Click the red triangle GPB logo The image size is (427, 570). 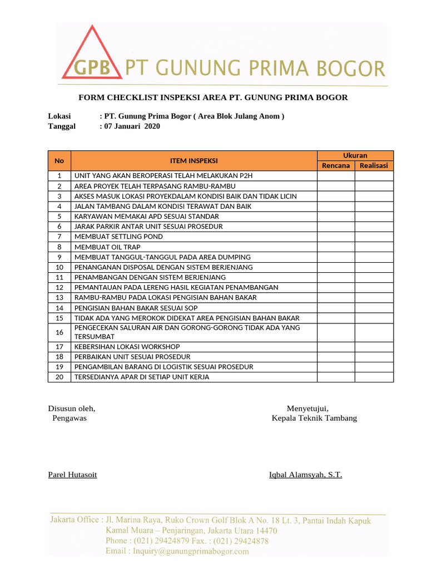[x=91, y=58]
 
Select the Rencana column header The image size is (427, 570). [x=336, y=165]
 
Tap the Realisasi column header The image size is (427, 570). [x=374, y=165]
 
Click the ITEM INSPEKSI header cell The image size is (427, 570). [x=193, y=160]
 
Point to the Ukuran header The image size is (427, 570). [x=355, y=155]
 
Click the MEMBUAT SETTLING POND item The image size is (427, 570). [x=118, y=237]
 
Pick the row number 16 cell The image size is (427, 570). [x=59, y=332]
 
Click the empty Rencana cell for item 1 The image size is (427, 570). [x=336, y=176]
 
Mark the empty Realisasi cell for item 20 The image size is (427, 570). [x=374, y=377]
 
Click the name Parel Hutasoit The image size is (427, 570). [x=72, y=475]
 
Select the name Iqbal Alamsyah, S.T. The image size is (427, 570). [x=305, y=475]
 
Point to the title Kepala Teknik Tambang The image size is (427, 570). [x=314, y=418]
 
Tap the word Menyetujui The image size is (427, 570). [x=311, y=408]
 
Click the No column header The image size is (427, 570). [x=59, y=160]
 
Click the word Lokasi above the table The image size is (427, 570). [x=59, y=116]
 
